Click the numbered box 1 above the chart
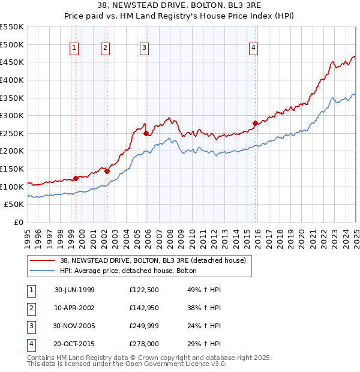[74, 49]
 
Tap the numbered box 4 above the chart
[254, 49]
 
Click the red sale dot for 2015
[255, 124]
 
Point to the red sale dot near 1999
[76, 178]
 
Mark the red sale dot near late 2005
[146, 133]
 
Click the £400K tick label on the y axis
[13, 80]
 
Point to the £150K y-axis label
[13, 169]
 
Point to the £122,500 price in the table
[145, 290]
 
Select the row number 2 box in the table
[30, 308]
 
